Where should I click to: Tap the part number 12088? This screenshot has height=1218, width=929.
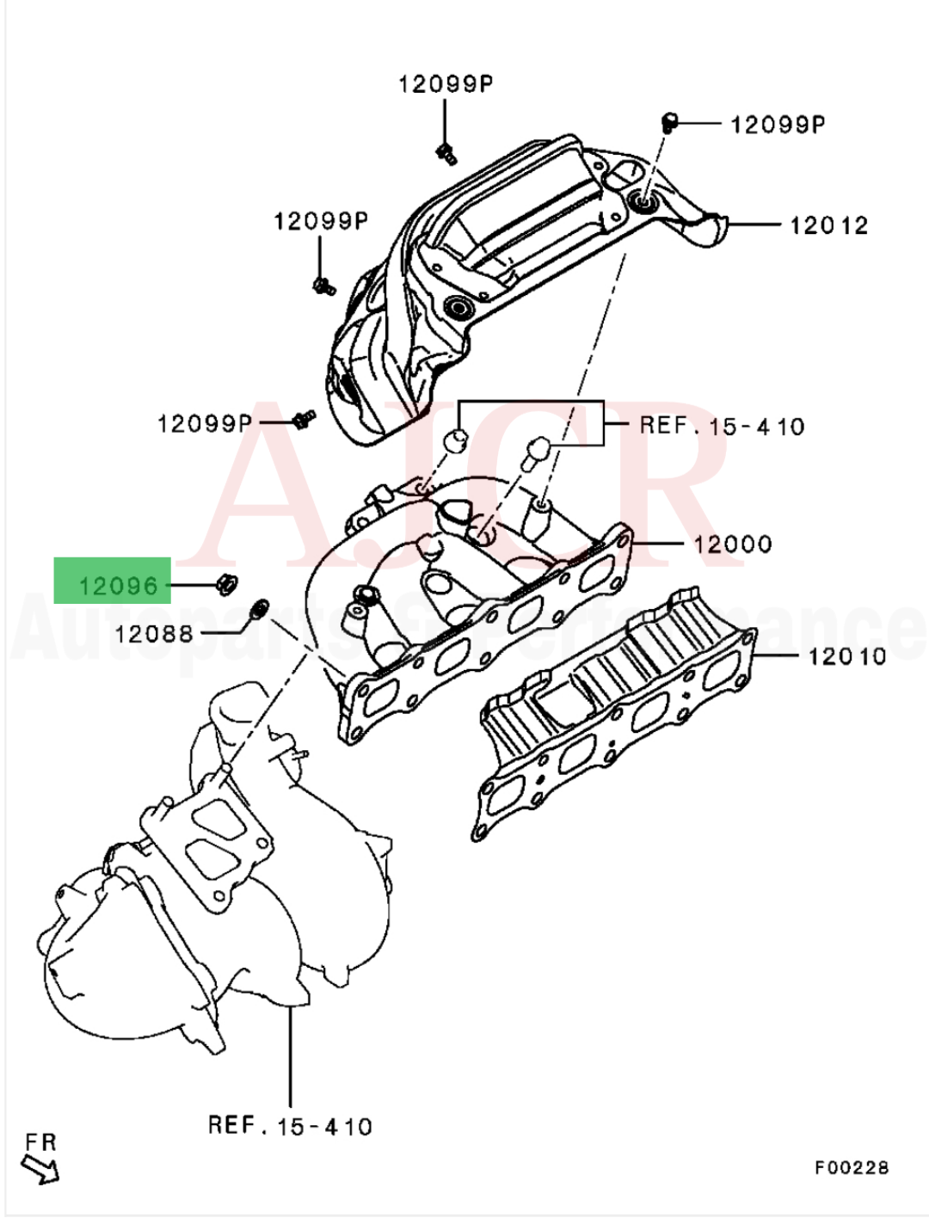click(154, 635)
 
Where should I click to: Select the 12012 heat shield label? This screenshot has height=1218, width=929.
click(828, 225)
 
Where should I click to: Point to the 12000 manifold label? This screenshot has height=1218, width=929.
click(733, 544)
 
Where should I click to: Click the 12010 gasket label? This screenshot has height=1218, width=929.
click(846, 656)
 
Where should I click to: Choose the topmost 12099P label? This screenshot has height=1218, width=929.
click(445, 83)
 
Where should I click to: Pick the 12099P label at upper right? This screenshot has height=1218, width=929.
click(777, 125)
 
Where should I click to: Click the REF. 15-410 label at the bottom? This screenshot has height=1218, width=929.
click(291, 1126)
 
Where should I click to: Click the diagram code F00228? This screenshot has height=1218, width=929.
click(852, 1167)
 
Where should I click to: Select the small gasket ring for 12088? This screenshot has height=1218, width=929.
click(256, 612)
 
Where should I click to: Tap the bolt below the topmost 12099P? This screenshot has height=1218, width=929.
click(445, 154)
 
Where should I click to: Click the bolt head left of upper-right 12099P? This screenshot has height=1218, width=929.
click(670, 122)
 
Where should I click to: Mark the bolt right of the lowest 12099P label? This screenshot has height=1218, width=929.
click(304, 419)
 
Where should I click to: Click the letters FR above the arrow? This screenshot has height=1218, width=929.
click(40, 1142)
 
